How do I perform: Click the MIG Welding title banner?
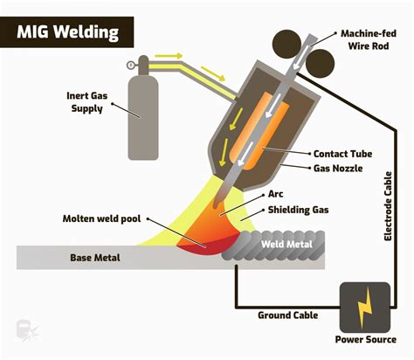tap(67, 32)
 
